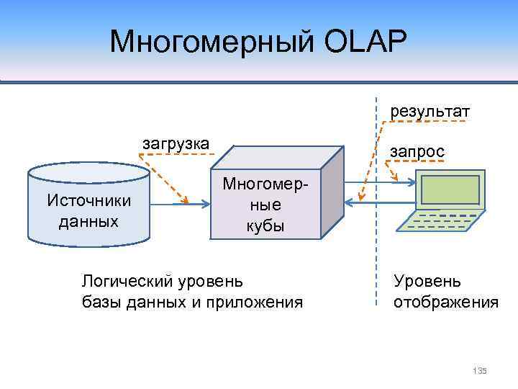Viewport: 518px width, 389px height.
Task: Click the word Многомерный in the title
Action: [x=208, y=42]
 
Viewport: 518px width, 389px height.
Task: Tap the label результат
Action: [x=430, y=112]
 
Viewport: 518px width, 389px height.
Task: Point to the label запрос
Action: [x=417, y=152]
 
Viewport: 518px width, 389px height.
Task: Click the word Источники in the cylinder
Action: [x=88, y=200]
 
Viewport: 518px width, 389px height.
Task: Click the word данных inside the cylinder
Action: [x=88, y=220]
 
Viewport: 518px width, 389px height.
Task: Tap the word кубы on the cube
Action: [x=266, y=225]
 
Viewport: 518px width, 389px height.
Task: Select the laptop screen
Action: [x=450, y=189]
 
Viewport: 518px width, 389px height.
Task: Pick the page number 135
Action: [x=480, y=370]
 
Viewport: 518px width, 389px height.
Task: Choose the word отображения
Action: [x=445, y=302]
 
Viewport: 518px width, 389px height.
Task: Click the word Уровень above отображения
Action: [x=427, y=281]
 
